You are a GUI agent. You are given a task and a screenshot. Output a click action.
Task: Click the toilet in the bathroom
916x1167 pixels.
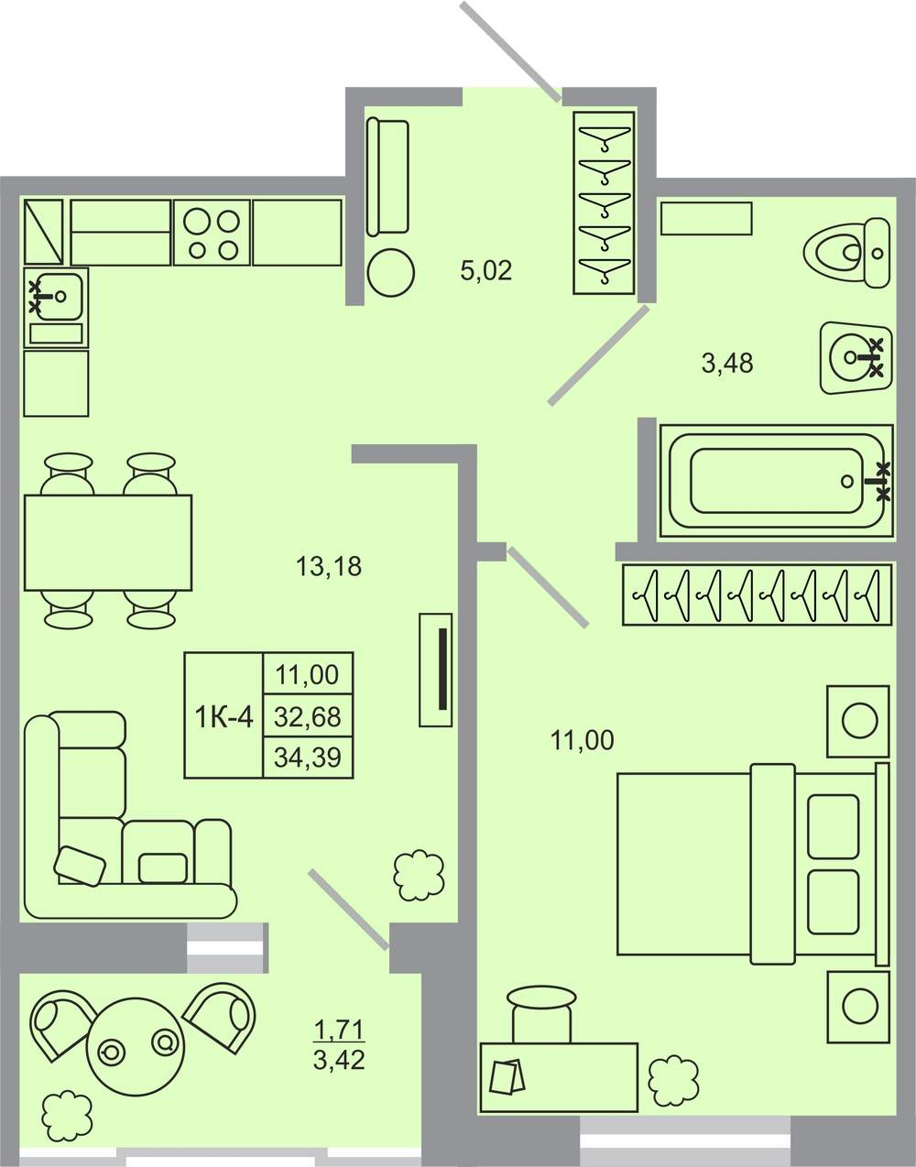848,252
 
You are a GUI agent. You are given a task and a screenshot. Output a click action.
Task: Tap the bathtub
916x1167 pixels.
777,480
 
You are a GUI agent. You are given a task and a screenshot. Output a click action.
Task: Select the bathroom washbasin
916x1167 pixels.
856,357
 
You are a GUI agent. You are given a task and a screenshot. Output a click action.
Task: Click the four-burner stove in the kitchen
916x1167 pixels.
212,233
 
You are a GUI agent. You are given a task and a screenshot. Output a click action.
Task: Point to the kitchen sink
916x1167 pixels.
54,294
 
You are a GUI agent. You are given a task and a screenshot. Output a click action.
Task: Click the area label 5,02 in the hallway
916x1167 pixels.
485,270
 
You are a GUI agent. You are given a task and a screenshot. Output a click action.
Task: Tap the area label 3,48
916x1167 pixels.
727,363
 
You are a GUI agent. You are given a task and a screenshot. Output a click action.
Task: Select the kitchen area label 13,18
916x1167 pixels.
329,566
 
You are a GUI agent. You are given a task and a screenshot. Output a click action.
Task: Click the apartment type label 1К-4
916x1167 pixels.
224,716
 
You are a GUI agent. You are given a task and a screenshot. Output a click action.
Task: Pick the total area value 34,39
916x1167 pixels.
308,758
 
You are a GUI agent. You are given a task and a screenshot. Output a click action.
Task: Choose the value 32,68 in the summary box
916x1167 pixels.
308,716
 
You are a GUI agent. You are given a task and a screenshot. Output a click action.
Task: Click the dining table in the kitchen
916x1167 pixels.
108,542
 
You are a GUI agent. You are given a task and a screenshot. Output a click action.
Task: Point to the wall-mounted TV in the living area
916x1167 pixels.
435,670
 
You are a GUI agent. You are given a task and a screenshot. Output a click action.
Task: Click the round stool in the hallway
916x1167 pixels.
391,273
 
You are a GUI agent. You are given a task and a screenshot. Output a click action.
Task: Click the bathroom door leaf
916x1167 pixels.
598,355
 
